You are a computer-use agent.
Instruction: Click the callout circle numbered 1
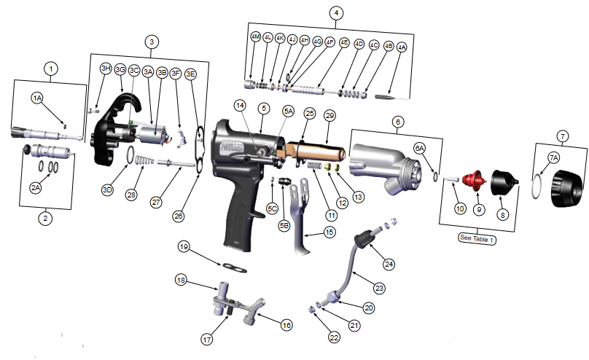(50, 69)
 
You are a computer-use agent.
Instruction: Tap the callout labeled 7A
(554, 157)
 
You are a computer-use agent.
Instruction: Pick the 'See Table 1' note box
(477, 238)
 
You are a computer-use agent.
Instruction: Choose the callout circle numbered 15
(329, 232)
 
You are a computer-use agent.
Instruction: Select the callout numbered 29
(329, 116)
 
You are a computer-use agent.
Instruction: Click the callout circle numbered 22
(335, 337)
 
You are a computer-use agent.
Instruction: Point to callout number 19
(184, 247)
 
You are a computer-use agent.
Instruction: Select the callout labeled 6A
(419, 148)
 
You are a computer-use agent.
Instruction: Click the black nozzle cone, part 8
(503, 181)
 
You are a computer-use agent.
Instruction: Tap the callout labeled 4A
(402, 47)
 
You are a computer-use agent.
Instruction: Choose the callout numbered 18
(180, 281)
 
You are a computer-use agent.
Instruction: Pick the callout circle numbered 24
(389, 263)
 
